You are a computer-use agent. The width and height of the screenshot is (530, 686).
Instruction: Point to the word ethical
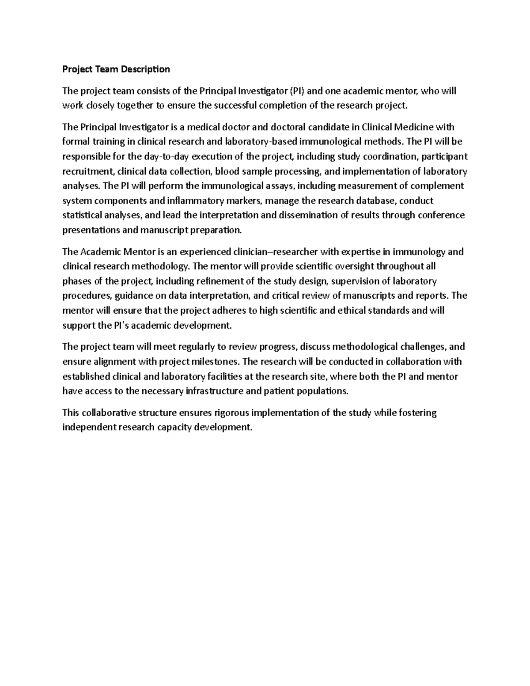(x=352, y=311)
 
